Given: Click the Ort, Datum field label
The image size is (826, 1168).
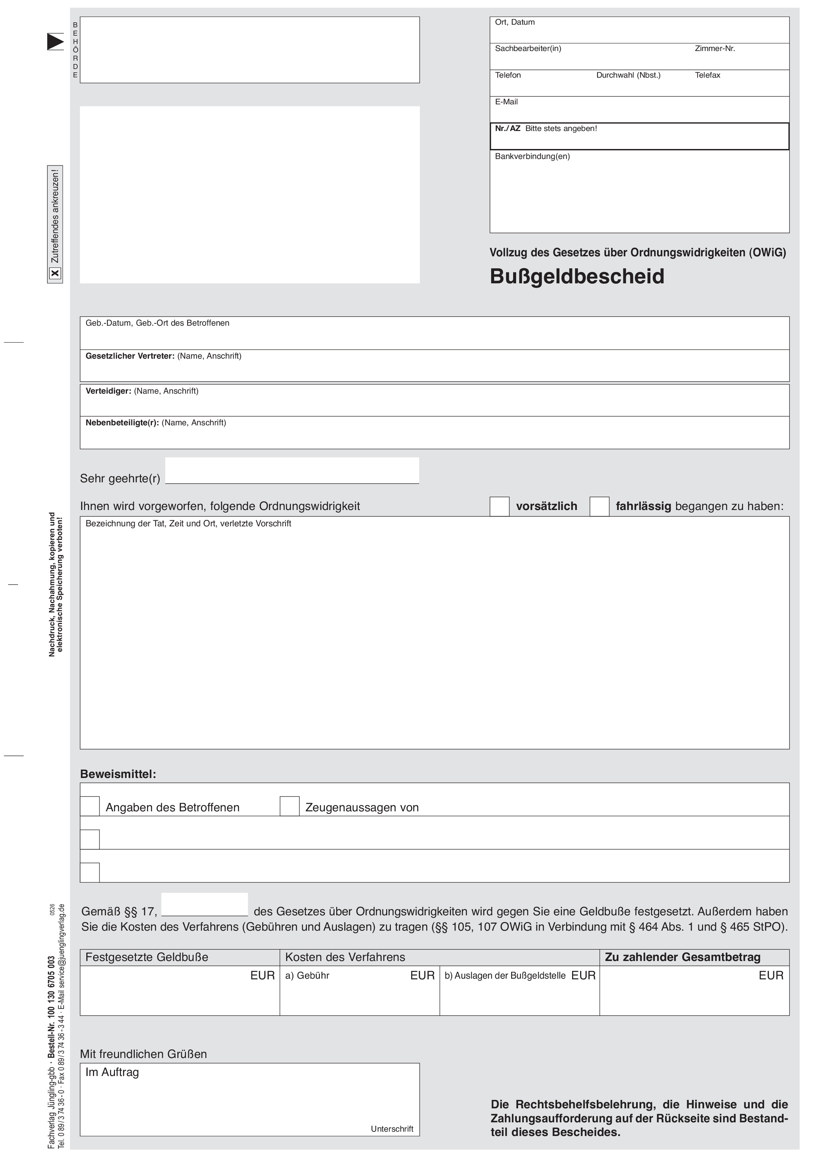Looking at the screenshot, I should [x=515, y=22].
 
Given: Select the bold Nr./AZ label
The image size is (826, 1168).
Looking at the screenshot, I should [x=507, y=129].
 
